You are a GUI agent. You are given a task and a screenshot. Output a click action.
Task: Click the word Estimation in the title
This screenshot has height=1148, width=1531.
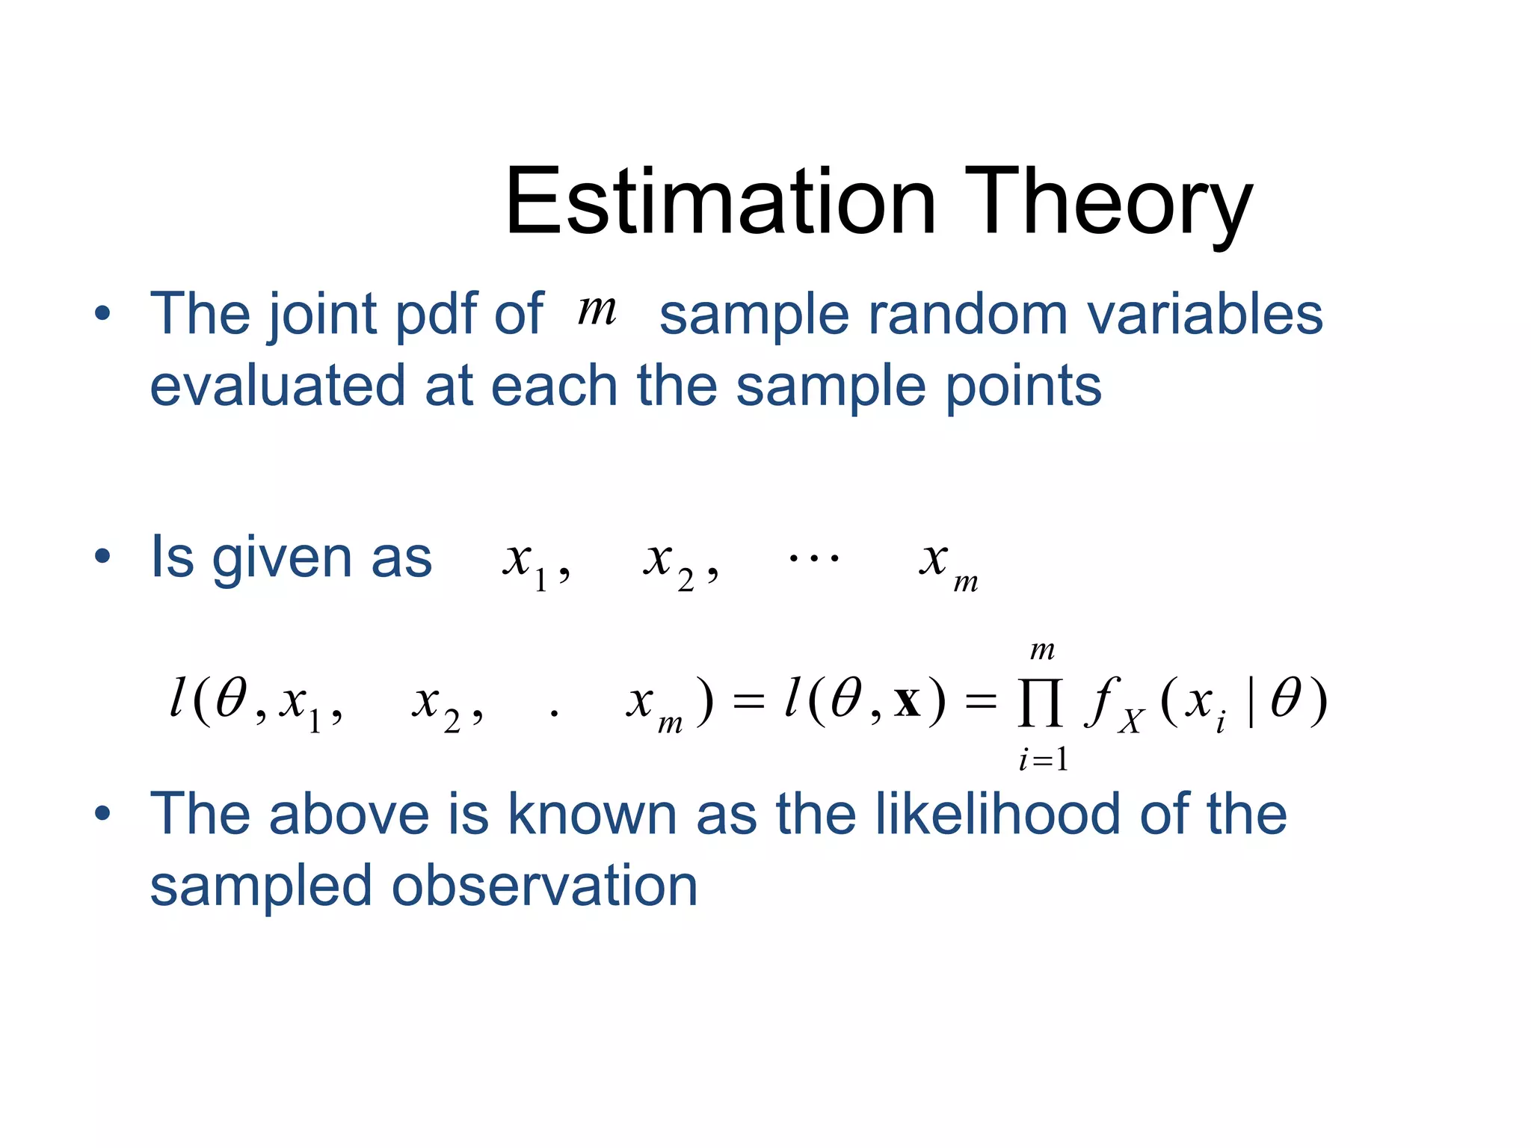coord(720,202)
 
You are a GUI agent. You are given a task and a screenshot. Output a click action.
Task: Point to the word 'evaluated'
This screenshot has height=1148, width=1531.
coord(277,386)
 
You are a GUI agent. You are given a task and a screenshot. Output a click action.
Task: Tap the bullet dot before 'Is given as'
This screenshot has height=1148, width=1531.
coord(102,556)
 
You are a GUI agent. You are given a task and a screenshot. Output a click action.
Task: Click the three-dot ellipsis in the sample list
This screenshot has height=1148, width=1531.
coord(813,558)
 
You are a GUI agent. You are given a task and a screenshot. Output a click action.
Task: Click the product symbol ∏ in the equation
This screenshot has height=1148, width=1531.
coord(1040,703)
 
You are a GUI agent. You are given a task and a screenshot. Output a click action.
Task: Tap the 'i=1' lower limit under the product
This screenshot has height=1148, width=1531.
coord(1043,760)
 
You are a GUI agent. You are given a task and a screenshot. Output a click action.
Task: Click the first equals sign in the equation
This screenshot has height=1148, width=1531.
coord(748,703)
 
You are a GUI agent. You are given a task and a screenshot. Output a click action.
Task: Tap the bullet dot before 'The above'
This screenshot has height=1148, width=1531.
coord(102,813)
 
